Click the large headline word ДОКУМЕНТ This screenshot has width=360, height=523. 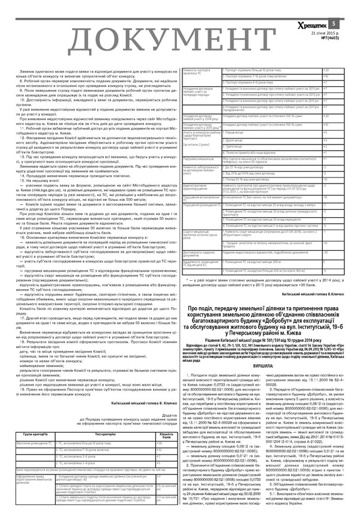click(x=144, y=39)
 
